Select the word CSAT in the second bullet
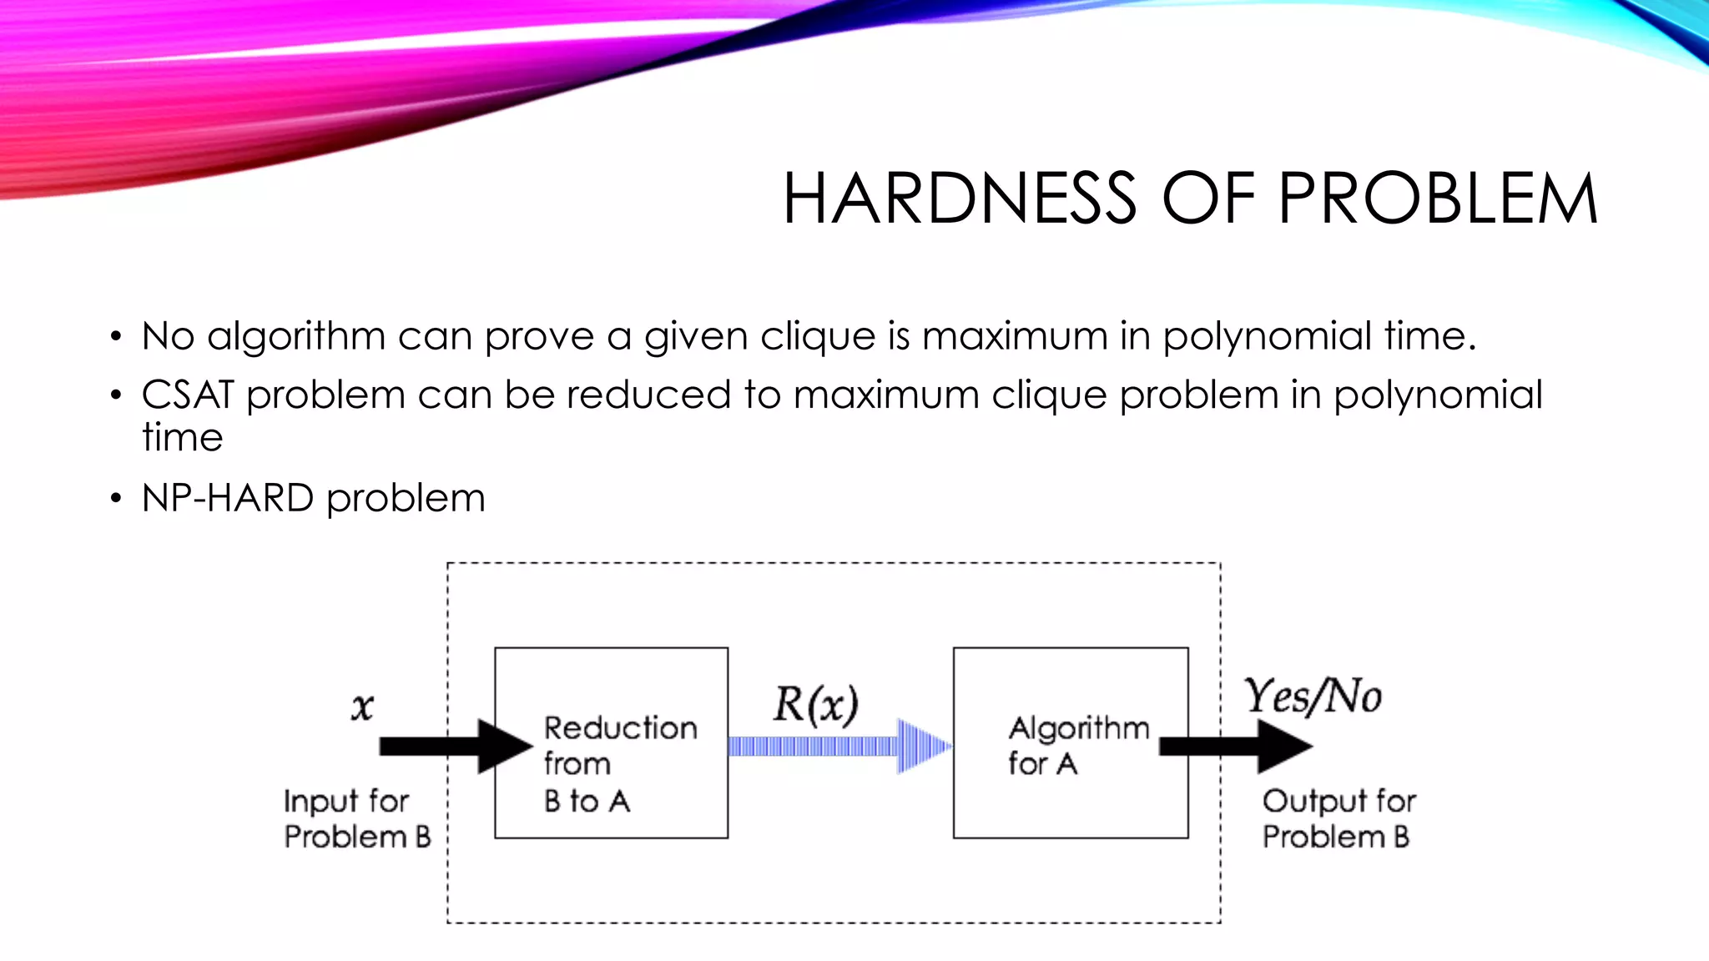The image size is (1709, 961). coord(188,395)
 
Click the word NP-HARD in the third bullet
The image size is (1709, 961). coord(228,498)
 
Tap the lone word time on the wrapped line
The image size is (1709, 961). coord(183,437)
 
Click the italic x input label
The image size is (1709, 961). coord(362,707)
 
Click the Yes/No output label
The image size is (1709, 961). coord(1313,697)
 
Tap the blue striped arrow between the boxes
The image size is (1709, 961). coord(839,746)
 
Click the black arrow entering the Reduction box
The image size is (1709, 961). coord(455,746)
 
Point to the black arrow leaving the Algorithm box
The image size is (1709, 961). coord(1235,746)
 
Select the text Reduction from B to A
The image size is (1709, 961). coord(619,763)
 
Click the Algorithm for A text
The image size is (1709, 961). coord(1077,745)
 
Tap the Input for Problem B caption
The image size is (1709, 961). coord(357,818)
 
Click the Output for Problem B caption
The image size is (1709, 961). coord(1338,818)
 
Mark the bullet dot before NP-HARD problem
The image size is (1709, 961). coord(116,499)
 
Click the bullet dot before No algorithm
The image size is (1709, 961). coord(116,337)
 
